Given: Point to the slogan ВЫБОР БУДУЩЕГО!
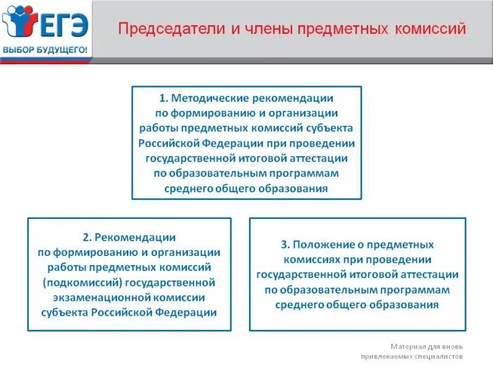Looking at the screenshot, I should click(x=44, y=49).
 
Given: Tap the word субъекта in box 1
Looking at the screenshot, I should click(x=332, y=128).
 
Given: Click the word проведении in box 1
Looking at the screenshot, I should click(x=325, y=143).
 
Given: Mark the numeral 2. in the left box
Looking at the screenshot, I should click(x=87, y=237).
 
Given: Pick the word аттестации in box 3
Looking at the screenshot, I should click(x=430, y=274).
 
